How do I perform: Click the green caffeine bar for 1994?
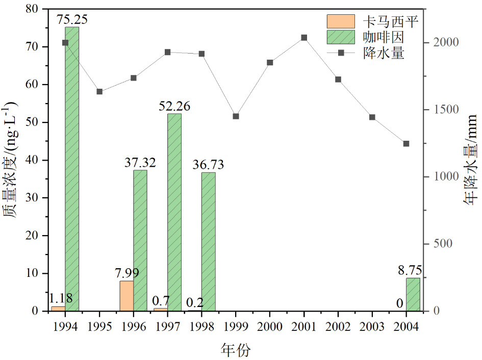72,168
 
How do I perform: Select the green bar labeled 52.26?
174,212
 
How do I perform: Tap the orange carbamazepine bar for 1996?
126,296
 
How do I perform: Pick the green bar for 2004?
413,294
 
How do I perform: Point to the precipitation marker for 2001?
304,38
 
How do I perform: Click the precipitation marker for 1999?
236,116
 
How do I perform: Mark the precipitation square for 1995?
99,92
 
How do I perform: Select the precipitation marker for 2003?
372,117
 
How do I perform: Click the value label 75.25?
72,19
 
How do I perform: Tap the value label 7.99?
126,273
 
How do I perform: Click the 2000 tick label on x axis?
270,325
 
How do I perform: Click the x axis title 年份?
236,350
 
